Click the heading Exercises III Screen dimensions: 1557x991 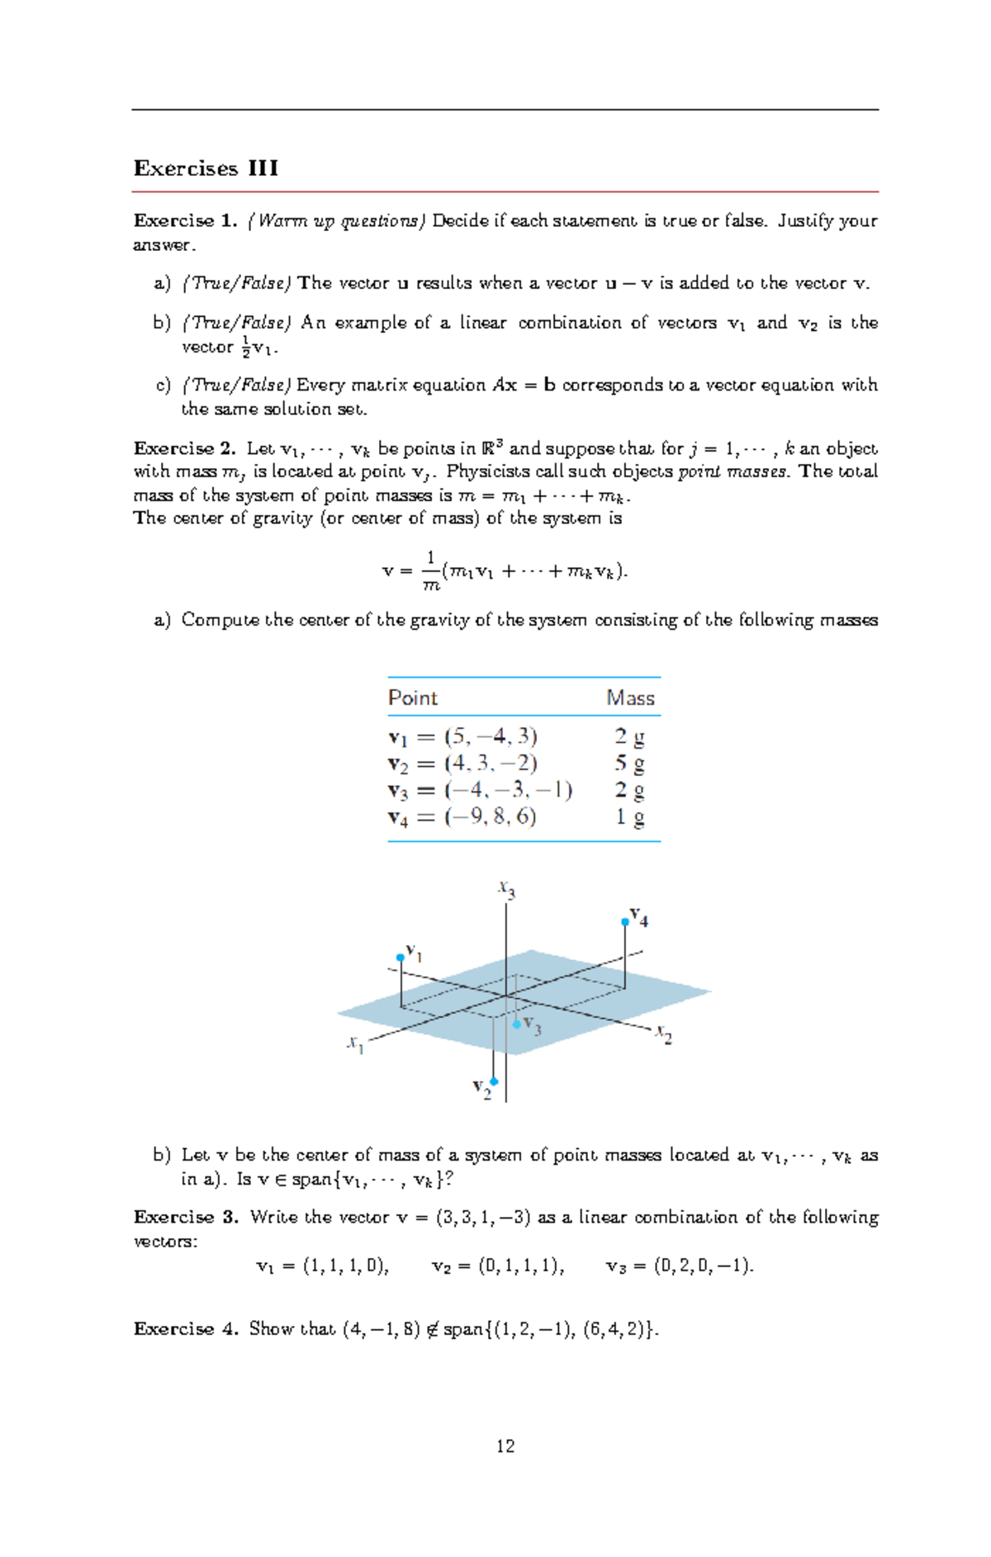(206, 168)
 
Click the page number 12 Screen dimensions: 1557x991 (505, 1446)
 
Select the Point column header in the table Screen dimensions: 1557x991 (413, 698)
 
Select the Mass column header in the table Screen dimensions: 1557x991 (630, 698)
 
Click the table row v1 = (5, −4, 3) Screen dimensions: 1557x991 (462, 736)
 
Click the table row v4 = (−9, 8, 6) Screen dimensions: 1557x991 (462, 817)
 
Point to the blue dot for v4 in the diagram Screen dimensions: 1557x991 (625, 922)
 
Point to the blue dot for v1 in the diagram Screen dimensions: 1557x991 (401, 958)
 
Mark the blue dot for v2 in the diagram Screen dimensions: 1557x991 (494, 1081)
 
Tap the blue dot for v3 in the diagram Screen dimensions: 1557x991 (517, 1025)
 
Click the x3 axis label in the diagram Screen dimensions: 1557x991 (506, 889)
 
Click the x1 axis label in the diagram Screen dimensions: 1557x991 (355, 1044)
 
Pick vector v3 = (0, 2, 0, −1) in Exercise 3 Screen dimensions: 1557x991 (680, 1266)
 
